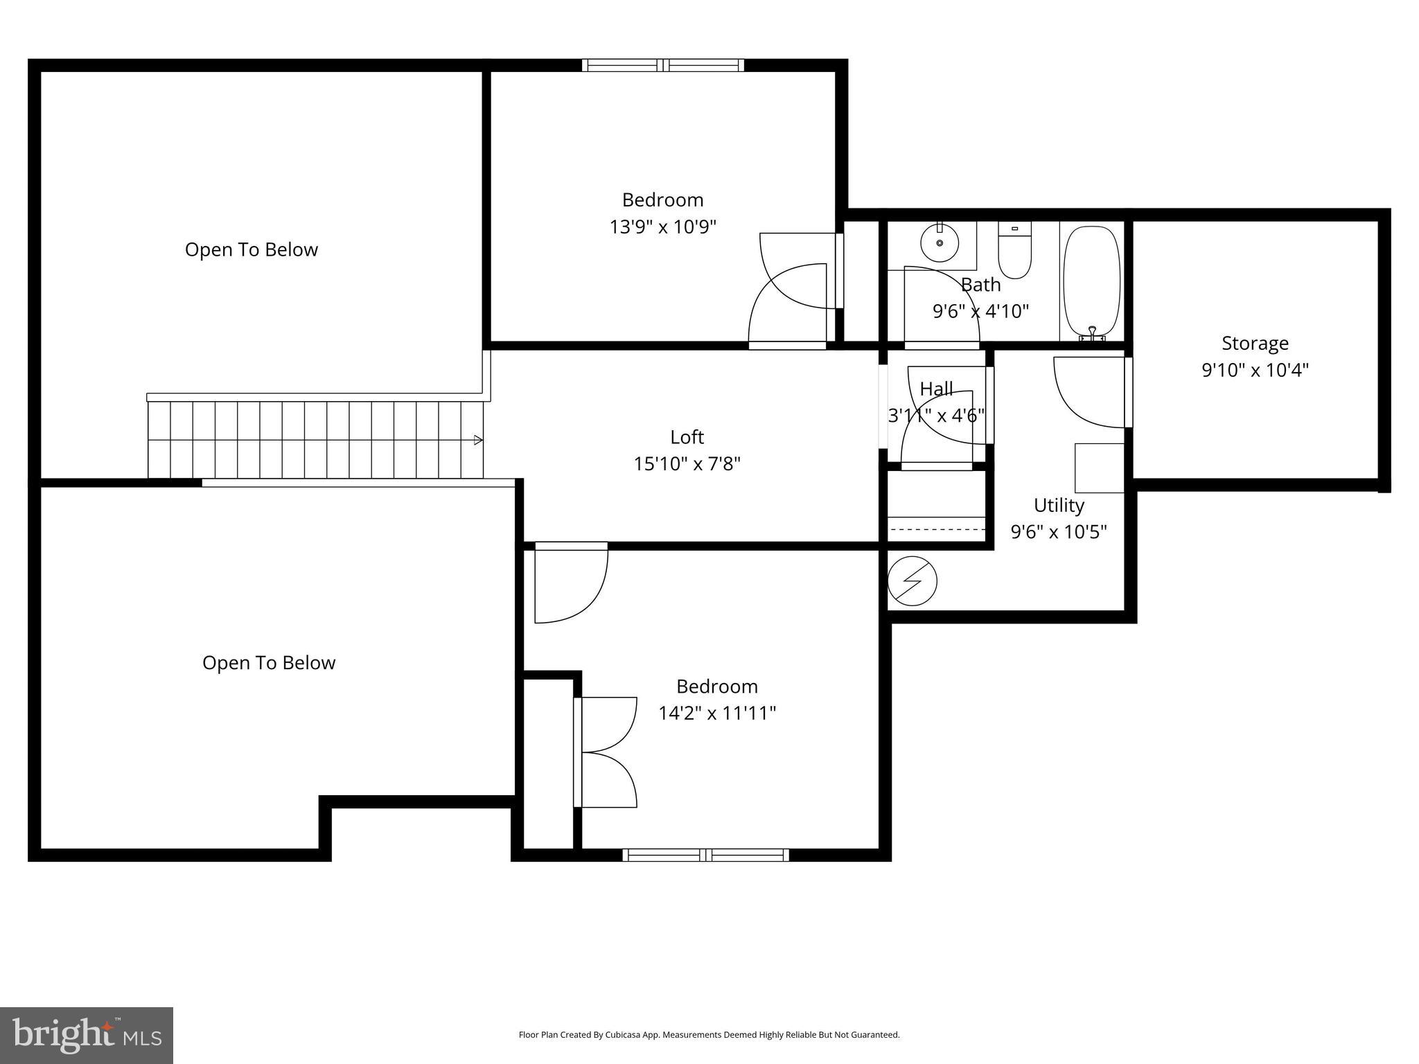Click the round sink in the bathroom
tap(940, 243)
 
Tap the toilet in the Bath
tap(1014, 251)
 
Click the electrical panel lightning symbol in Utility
tap(913, 581)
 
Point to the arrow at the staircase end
tap(478, 440)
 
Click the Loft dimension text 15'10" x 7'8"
tap(687, 463)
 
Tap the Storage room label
tap(1254, 343)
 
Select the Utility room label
tap(1058, 505)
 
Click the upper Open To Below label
tap(251, 249)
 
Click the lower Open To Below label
tap(269, 663)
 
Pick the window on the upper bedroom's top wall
tap(663, 66)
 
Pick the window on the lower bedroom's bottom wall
tap(705, 855)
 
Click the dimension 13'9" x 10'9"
tap(662, 227)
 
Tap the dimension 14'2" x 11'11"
tap(716, 713)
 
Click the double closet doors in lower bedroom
tap(606, 752)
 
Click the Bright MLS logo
tap(87, 1035)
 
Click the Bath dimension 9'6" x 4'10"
tap(980, 311)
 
